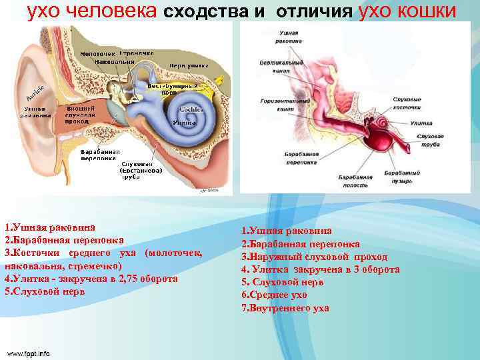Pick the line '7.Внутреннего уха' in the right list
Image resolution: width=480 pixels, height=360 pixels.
click(x=285, y=308)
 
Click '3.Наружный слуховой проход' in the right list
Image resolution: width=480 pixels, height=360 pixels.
click(x=314, y=257)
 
